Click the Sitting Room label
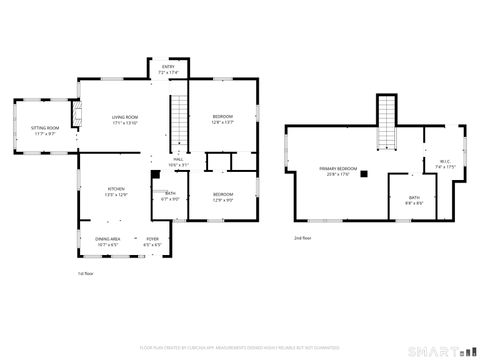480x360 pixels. tap(44, 130)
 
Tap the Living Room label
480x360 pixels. tap(124, 120)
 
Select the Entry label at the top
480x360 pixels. tap(167, 70)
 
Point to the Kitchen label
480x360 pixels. tap(116, 192)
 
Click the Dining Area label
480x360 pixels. tap(108, 240)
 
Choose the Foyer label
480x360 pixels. tap(153, 240)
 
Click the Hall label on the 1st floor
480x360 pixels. tap(177, 162)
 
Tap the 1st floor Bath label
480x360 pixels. tap(170, 196)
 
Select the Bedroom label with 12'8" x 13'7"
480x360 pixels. tap(222, 120)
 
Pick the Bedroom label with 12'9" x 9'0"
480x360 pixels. tap(222, 196)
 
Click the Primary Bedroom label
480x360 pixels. tap(338, 171)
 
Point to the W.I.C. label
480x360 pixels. tap(445, 164)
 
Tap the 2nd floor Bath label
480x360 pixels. tap(414, 200)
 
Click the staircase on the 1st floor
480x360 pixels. tap(178, 120)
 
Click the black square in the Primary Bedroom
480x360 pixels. tap(364, 174)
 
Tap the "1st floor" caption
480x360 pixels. tap(87, 272)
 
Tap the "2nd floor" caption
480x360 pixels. tap(302, 238)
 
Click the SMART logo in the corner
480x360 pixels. tap(441, 350)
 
